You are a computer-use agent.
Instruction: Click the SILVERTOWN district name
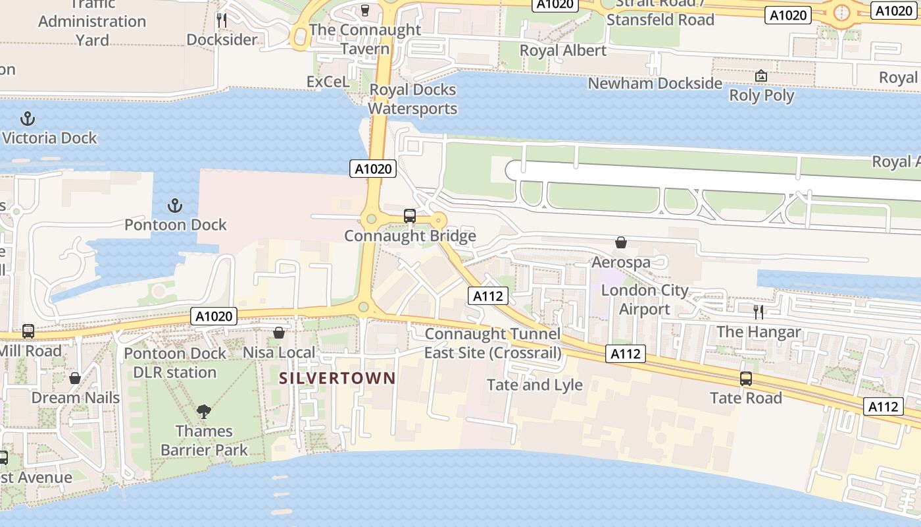337,378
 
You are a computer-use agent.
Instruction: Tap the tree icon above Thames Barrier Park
204,412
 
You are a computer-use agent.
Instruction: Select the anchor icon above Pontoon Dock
175,206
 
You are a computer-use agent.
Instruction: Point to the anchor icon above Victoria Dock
28,119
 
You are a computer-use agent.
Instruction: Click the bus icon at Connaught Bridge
409,215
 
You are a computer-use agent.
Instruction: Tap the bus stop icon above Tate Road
745,379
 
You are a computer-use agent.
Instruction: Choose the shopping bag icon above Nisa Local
279,333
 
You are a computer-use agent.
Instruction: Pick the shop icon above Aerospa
620,243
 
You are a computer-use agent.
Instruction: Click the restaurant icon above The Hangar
758,312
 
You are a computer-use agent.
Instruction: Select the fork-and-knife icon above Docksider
222,20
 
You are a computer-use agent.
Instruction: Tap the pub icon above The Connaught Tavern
365,10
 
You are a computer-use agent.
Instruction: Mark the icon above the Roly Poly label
761,76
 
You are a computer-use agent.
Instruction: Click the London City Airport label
644,300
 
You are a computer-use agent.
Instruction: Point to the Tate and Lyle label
534,385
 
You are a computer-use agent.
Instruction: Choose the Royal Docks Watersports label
412,99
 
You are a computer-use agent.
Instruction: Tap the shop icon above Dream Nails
75,378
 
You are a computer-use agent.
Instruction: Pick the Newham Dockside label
655,84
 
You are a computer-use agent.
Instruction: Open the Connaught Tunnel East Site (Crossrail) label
493,343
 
